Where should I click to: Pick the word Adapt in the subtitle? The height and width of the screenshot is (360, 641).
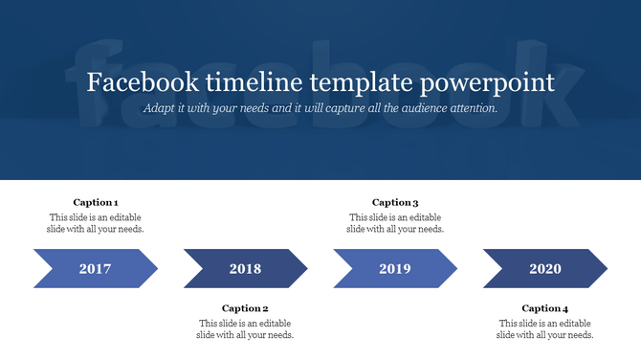[x=160, y=108]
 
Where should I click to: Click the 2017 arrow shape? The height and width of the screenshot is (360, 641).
[x=96, y=269]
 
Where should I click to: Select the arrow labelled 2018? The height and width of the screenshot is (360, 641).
[x=245, y=269]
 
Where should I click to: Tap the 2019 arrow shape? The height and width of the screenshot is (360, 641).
[x=395, y=269]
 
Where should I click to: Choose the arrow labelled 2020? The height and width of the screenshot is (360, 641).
[x=545, y=269]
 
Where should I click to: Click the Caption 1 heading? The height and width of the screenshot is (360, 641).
[x=96, y=202]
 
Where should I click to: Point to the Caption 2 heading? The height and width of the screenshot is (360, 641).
[x=245, y=308]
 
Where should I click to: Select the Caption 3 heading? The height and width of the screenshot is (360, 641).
[x=395, y=202]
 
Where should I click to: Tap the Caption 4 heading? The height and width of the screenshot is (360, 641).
[x=545, y=308]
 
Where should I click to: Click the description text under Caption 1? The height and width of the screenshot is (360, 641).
[x=96, y=223]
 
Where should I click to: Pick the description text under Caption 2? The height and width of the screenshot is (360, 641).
[x=245, y=329]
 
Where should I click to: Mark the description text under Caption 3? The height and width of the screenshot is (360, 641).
[x=395, y=223]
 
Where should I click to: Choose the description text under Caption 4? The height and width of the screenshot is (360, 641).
[x=545, y=329]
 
